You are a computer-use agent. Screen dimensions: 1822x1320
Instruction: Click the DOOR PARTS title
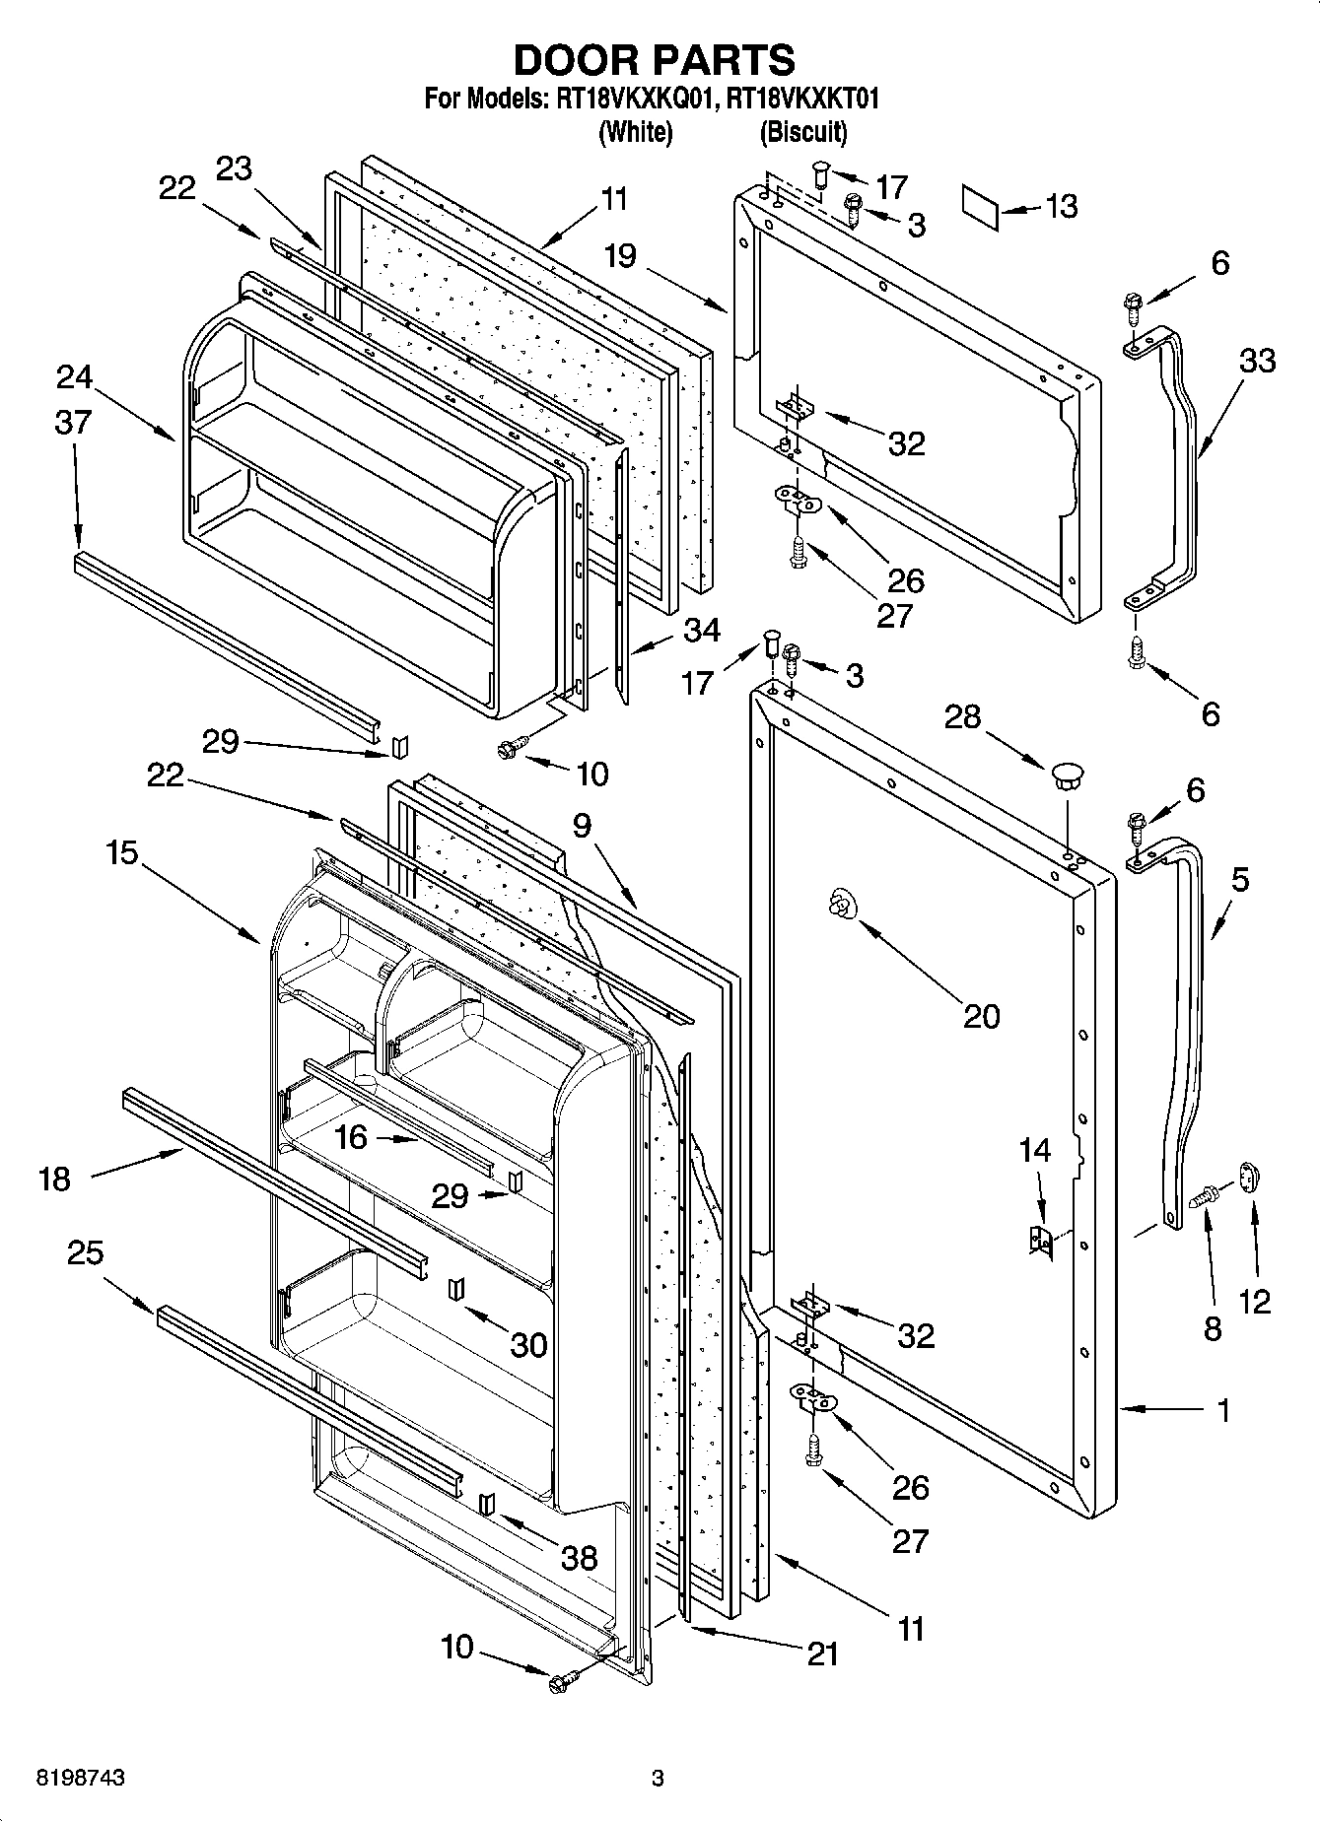point(655,60)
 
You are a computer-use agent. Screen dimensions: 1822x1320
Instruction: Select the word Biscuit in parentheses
point(802,131)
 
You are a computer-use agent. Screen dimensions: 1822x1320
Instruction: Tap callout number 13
point(1061,206)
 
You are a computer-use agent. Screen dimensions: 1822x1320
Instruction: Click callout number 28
point(962,716)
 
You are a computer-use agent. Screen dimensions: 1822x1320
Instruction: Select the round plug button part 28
point(1067,773)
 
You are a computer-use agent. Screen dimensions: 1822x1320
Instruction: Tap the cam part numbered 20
point(841,903)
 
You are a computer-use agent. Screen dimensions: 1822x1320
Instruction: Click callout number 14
point(1035,1149)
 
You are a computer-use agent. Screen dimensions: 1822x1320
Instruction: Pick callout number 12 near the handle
point(1254,1302)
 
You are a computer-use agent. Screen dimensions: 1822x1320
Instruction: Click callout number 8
point(1212,1327)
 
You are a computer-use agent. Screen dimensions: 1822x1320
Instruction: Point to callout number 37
point(73,422)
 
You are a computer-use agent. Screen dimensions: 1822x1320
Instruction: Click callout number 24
point(74,376)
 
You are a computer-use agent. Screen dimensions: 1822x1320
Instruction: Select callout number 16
point(351,1137)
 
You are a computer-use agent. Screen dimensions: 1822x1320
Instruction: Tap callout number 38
point(579,1557)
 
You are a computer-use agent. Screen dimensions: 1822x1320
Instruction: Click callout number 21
point(821,1653)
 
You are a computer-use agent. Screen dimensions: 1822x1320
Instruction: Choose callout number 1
point(1222,1411)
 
